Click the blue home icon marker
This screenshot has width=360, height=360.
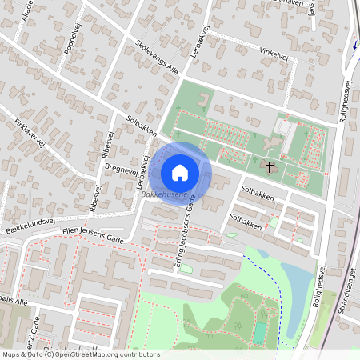click(x=180, y=172)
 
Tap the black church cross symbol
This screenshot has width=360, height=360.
click(x=270, y=168)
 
